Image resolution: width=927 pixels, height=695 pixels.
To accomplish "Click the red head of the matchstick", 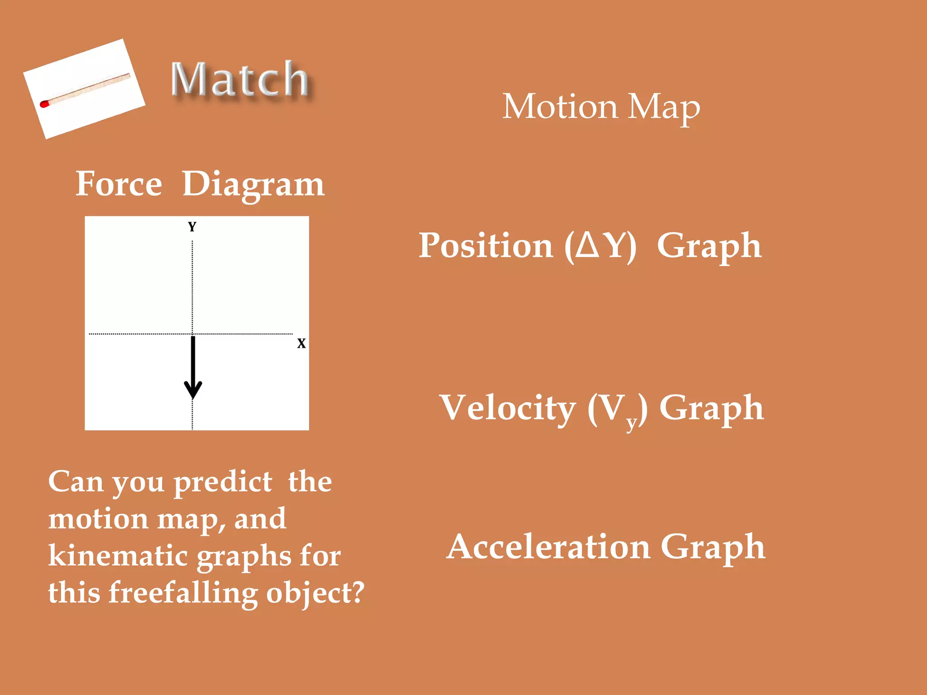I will pos(44,104).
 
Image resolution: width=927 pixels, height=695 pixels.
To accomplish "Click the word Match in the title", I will pos(240,80).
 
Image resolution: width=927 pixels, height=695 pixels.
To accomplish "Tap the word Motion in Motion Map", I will pos(560,107).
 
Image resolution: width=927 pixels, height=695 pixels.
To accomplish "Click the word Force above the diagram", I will pos(119,184).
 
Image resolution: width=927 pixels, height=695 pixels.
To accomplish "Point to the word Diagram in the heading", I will pos(253,186).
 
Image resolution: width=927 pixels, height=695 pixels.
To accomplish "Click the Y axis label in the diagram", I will pos(192,227).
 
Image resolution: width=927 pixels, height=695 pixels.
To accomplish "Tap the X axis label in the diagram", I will pos(301,343).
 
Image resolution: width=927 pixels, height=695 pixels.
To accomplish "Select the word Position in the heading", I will pos(486,246).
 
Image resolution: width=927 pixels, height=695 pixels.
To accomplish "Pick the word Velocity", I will pos(508,408).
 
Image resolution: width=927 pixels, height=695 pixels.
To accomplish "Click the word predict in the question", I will pos(223,482).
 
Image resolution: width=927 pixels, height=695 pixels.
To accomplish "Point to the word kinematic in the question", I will pos(118,556).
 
